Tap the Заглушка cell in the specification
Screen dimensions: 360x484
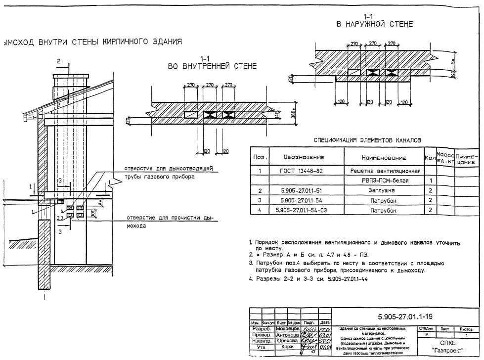(x=385, y=190)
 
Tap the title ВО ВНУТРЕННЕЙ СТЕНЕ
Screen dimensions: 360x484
(x=212, y=66)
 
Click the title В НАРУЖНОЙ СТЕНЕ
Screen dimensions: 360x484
(x=375, y=24)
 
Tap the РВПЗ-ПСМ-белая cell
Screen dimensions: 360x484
(x=385, y=181)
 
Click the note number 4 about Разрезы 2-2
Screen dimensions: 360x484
(x=251, y=279)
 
